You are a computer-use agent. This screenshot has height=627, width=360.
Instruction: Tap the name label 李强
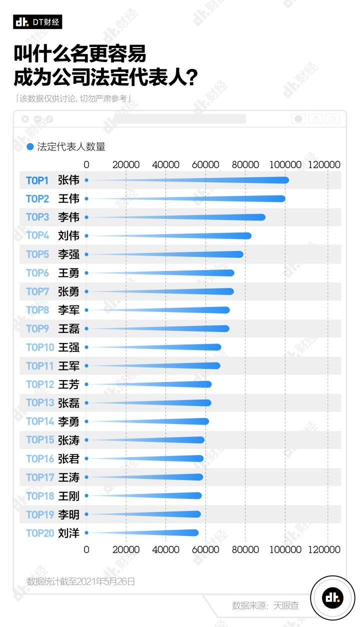[x=68, y=254]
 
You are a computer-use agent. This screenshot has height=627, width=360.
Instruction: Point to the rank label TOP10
[x=39, y=347]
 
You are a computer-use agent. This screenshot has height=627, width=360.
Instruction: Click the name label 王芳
[x=68, y=384]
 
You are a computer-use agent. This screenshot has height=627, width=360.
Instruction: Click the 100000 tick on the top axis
[x=286, y=165]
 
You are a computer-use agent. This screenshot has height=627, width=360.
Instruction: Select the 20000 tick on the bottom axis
[x=126, y=549]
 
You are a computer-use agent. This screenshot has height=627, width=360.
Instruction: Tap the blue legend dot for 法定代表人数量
[x=30, y=147]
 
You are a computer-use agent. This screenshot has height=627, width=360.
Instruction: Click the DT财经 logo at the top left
[x=37, y=22]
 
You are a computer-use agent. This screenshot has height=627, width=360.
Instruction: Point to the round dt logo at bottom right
[x=332, y=597]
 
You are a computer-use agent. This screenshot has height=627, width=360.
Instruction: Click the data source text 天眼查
[x=286, y=605]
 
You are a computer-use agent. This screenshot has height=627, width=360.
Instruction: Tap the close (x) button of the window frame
[x=25, y=119]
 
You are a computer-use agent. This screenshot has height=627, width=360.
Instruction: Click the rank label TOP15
[x=39, y=440]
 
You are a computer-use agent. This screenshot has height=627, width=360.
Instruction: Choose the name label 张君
[x=68, y=458]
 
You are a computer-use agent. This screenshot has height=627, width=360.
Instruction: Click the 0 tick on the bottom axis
[x=86, y=549]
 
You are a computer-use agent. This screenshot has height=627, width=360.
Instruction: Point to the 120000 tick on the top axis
[x=324, y=165]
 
